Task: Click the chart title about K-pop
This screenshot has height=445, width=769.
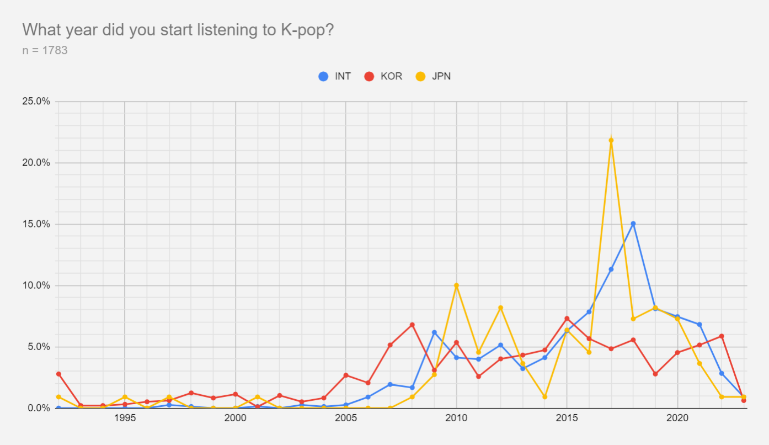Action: pos(178,30)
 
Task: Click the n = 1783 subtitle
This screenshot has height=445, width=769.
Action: pos(45,50)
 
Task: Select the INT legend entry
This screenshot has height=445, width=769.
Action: pos(335,76)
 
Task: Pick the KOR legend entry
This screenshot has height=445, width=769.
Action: pos(383,76)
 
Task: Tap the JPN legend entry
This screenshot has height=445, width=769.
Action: pos(433,76)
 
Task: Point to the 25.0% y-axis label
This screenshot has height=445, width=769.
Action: pos(36,101)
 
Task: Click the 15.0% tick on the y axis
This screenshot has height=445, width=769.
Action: pos(36,224)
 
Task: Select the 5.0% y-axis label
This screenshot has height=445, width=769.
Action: pos(39,347)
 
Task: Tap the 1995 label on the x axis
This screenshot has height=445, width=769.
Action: pos(125,418)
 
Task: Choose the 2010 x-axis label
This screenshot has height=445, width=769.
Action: pos(456,418)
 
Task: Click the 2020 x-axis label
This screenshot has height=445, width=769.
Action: pos(677,418)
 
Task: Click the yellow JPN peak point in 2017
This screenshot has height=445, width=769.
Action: pos(611,140)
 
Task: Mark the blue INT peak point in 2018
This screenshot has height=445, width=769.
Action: pos(633,224)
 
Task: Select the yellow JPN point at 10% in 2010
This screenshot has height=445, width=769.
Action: pos(456,285)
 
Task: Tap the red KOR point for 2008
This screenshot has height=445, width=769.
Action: pos(412,325)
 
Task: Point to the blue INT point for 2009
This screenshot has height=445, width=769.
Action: pos(434,332)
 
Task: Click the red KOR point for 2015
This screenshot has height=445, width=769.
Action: pos(567,319)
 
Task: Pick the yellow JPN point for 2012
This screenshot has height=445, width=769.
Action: pos(500,308)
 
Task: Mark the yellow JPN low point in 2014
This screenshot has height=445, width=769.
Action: pos(545,397)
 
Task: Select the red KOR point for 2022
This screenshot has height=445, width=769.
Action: pos(722,336)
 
